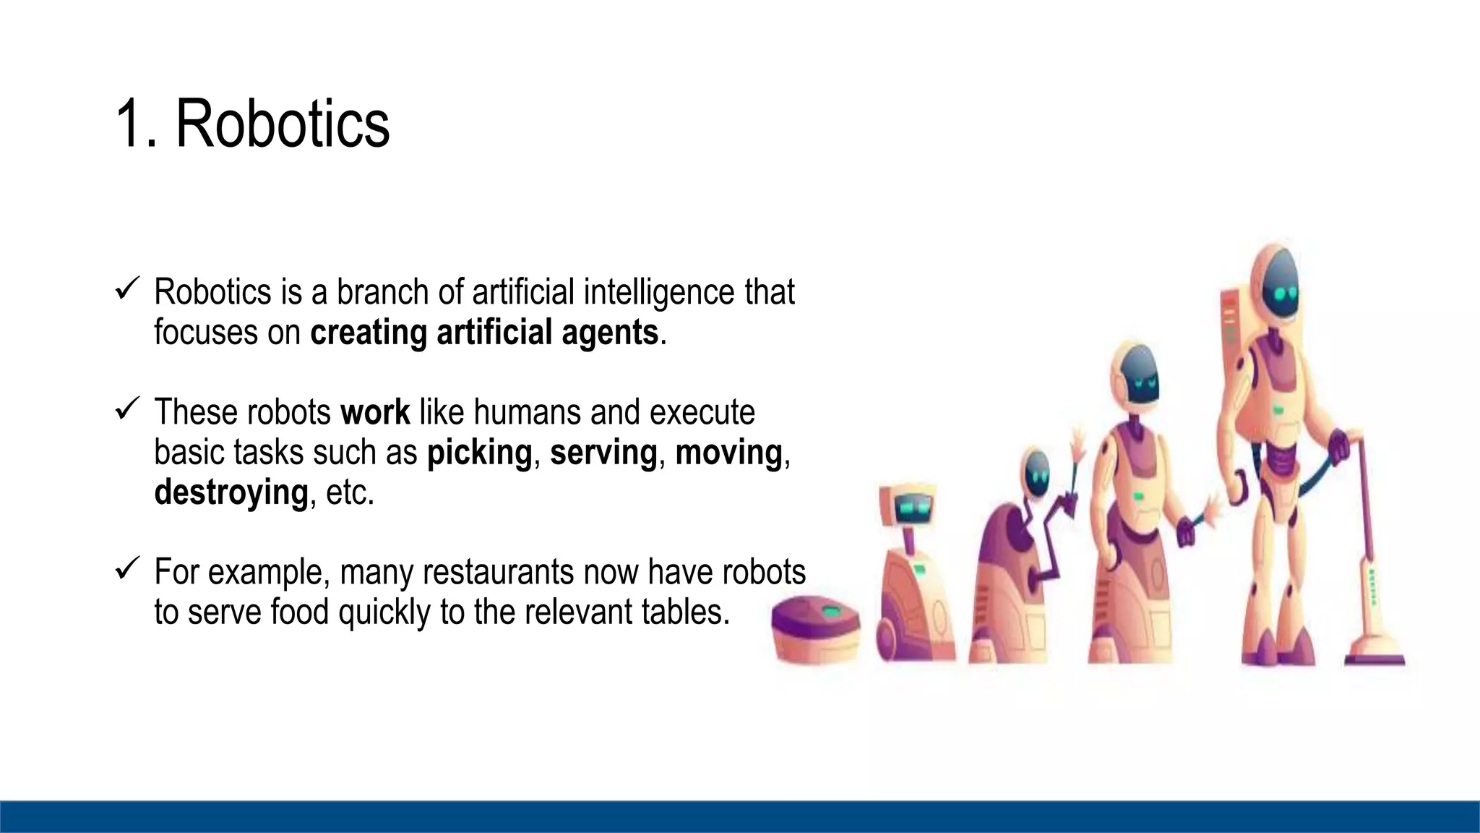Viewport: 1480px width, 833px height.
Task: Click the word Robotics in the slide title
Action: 283,124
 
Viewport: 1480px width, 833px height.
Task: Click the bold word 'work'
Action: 375,412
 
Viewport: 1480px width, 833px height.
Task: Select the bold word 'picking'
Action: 479,453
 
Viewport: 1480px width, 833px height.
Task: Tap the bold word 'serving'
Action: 603,453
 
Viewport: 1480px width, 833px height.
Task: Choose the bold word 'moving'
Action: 728,453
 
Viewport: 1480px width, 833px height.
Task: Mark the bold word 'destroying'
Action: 231,492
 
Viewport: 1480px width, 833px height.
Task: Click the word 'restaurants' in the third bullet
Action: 499,572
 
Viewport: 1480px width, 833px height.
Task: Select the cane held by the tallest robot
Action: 1369,550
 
